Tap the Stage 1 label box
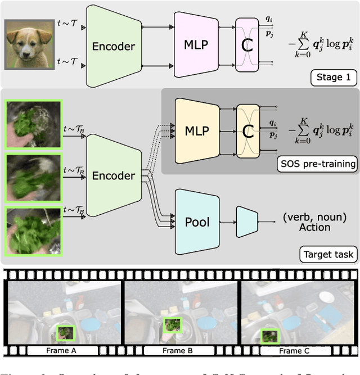click(x=334, y=77)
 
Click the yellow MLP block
click(x=196, y=131)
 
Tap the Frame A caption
click(x=65, y=351)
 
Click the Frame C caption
click(x=291, y=351)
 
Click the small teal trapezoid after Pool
click(x=246, y=221)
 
